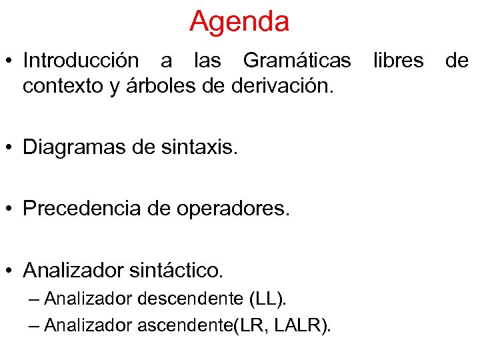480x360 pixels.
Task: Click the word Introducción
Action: pos(81,61)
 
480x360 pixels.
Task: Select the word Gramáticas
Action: pos(297,61)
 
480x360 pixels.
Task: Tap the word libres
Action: pos(398,61)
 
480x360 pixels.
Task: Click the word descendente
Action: pos(184,299)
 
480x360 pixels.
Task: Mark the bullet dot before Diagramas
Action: pos(12,148)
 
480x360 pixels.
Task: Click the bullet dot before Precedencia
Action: pos(12,209)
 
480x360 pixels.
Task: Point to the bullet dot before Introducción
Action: pos(12,61)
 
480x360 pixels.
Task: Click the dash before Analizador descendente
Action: pos(35,299)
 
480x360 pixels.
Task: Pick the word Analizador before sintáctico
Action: pos(73,270)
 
